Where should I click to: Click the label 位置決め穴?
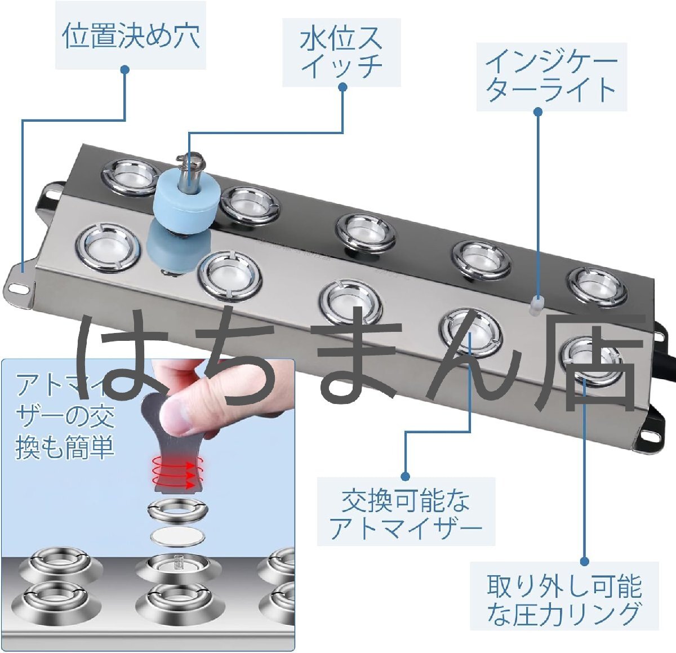click(130, 35)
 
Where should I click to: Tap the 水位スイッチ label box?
click(341, 52)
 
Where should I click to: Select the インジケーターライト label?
click(551, 77)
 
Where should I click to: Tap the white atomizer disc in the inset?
click(176, 536)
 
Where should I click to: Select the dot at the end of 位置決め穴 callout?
click(125, 69)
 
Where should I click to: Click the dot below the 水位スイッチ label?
click(343, 87)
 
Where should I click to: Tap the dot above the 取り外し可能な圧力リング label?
click(584, 561)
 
